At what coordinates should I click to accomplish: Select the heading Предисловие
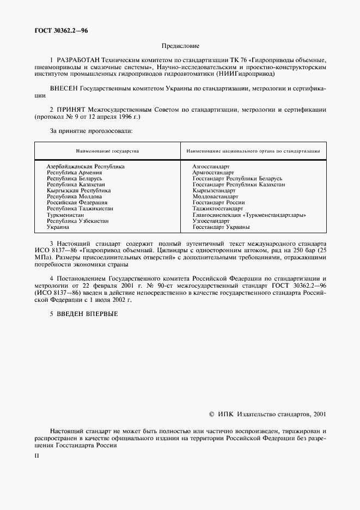pyautogui.click(x=180, y=47)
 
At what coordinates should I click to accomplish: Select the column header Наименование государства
pyautogui.click(x=107, y=150)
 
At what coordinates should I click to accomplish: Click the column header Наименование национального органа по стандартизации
pyautogui.click(x=253, y=150)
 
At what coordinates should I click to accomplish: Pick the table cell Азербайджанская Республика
pyautogui.click(x=86, y=166)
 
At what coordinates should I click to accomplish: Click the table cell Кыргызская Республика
pyautogui.click(x=78, y=191)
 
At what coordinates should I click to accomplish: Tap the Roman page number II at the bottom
pyautogui.click(x=36, y=456)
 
